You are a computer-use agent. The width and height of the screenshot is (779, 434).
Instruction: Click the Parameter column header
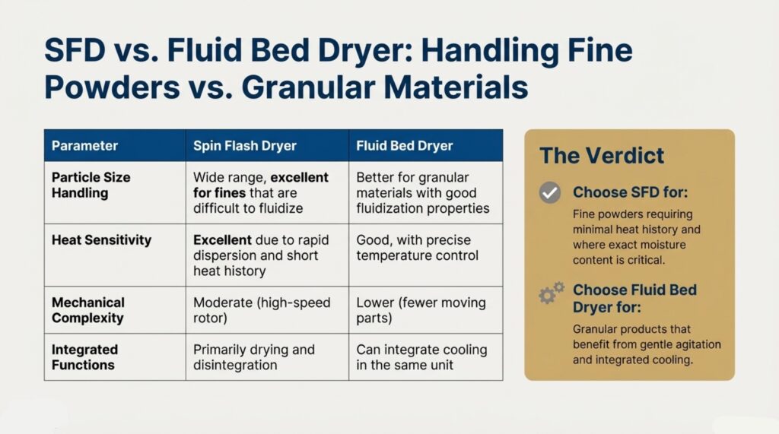click(84, 145)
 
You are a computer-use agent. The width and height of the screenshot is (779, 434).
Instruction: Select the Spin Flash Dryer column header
click(244, 145)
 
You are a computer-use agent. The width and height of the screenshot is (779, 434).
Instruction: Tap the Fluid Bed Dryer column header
click(405, 145)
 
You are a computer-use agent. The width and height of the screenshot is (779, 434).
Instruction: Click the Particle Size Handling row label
click(91, 185)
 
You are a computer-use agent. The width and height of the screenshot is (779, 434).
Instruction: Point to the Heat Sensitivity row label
click(101, 240)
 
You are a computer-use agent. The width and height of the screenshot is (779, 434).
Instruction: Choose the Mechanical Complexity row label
click(88, 310)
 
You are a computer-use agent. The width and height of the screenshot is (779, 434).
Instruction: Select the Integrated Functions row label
click(84, 357)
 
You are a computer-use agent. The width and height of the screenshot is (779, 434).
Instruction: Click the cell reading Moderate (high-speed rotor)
click(262, 310)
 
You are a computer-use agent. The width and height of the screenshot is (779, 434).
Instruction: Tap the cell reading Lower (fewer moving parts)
click(421, 310)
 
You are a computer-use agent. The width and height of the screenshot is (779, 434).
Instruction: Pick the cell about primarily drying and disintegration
click(254, 357)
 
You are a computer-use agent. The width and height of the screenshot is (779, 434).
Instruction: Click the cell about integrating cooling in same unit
click(421, 357)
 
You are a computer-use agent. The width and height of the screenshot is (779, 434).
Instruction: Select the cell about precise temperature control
click(418, 248)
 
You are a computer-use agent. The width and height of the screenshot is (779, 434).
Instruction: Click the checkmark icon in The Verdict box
click(550, 192)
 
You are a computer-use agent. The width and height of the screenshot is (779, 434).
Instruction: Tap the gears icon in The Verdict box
click(552, 293)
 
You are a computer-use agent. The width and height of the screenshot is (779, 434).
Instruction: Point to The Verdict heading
click(602, 155)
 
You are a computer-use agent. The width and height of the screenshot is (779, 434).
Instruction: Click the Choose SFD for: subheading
click(631, 192)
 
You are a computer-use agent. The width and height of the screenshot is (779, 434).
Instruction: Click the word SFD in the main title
click(75, 50)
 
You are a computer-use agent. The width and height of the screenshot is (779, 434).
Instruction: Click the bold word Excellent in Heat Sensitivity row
click(222, 240)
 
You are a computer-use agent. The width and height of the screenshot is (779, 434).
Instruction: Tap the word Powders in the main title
click(113, 87)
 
